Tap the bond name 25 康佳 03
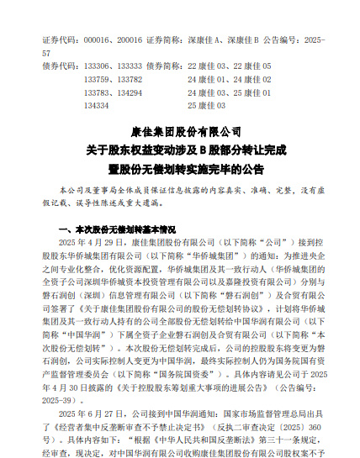tap(206, 106)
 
